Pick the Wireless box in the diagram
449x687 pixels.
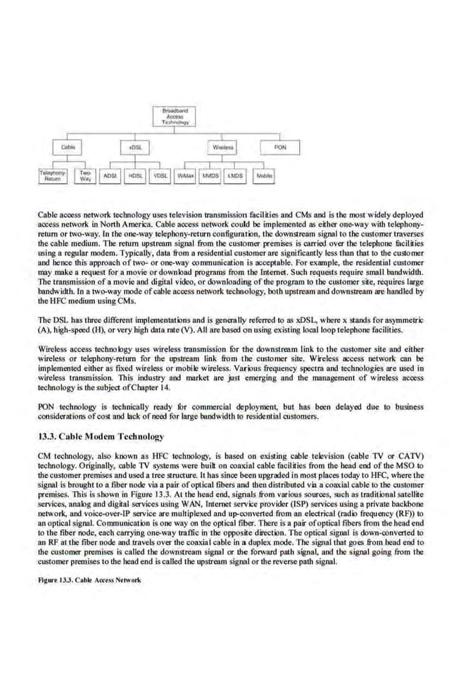tap(224, 148)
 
